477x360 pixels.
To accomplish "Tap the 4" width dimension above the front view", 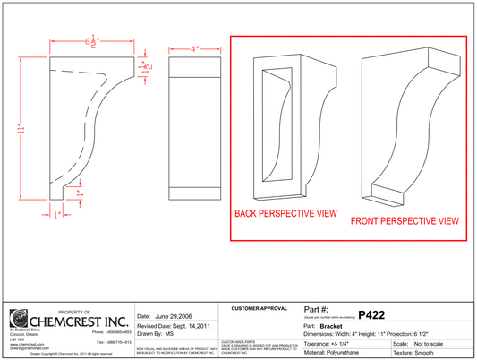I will pyautogui.click(x=194, y=47).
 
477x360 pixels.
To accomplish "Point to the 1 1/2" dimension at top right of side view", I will pyautogui.click(x=143, y=65).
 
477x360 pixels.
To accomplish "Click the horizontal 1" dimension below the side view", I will pyautogui.click(x=58, y=215).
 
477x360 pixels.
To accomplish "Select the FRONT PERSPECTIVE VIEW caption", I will pyautogui.click(x=405, y=220).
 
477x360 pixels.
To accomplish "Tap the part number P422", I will pyautogui.click(x=371, y=314).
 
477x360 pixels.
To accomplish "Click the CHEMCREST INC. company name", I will pyautogui.click(x=80, y=320).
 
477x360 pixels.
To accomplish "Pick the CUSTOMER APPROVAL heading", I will pyautogui.click(x=260, y=308).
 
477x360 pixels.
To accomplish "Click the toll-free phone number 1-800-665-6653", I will pyautogui.click(x=112, y=332).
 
